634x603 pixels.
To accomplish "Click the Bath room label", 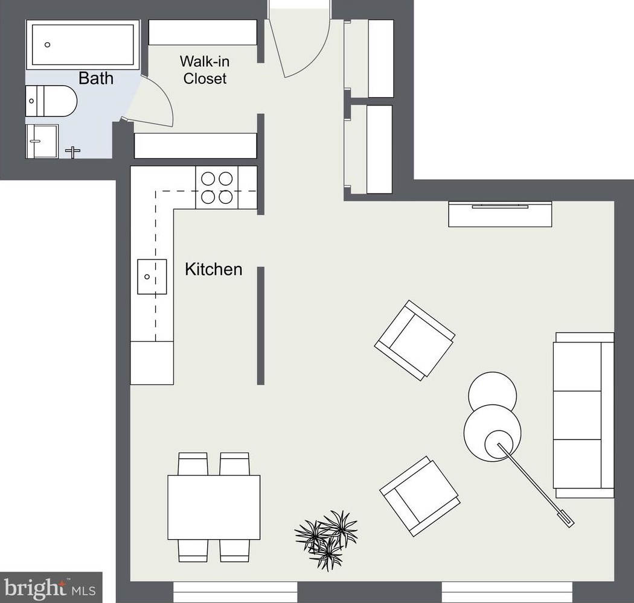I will coord(96,78).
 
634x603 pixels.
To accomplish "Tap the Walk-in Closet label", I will coord(205,69).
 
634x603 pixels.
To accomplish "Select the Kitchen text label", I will coord(213,269).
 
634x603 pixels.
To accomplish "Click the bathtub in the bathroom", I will coord(82,45).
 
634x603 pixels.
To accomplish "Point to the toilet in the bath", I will coord(51,101).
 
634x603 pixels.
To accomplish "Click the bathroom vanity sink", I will coord(42,141).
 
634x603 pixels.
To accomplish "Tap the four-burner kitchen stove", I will coord(217,188).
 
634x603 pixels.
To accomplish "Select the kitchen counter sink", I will coord(152,277).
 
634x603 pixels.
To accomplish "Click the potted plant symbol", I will coord(327,538).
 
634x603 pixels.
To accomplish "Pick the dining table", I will coord(214,507).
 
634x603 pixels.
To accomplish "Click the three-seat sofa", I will coord(583,415).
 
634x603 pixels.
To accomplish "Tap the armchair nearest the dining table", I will coord(419,496).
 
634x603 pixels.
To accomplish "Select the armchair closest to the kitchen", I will coord(415,340).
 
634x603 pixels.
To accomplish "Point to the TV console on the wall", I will coord(500,214).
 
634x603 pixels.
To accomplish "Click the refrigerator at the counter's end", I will coord(152,362).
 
